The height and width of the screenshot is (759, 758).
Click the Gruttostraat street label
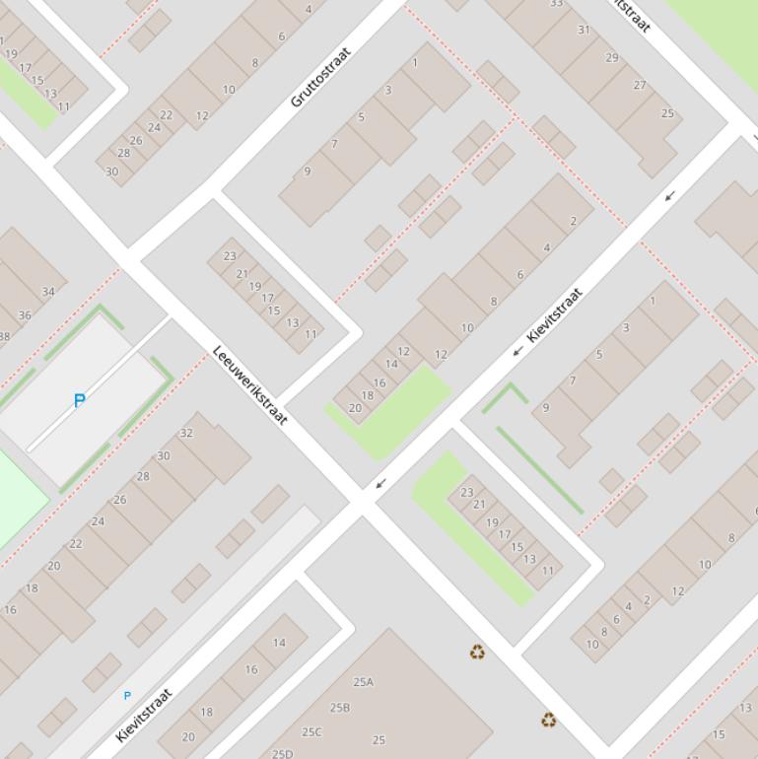320,76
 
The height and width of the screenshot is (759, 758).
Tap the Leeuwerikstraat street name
250,385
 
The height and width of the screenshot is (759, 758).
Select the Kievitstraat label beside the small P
144,715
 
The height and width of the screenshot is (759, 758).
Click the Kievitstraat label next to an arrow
555,314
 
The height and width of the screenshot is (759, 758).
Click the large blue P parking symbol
80,400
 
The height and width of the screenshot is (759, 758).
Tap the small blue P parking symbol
126,696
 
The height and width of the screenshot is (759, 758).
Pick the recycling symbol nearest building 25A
477,652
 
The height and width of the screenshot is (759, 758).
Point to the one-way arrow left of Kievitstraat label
517,351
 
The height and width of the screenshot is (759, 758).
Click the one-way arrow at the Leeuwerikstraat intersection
380,483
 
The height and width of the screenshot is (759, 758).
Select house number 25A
363,682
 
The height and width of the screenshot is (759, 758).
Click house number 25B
340,708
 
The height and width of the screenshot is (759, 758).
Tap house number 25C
311,732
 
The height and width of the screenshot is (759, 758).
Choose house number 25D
282,754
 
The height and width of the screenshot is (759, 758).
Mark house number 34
48,292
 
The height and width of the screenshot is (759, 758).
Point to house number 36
25,315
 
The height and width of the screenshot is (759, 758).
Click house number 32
186,433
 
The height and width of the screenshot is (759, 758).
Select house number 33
556,4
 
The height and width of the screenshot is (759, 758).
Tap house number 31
584,30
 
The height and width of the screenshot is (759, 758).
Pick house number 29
611,57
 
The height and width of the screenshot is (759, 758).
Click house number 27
640,85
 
